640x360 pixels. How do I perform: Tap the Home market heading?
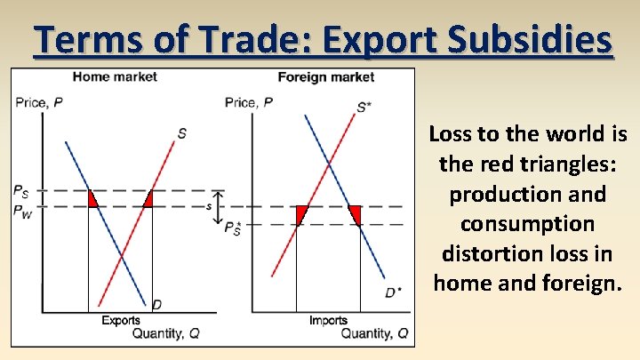[115, 76]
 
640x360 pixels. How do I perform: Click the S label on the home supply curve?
[181, 133]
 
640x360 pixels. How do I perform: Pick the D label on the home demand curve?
[156, 305]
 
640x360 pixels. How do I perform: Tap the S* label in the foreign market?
[364, 108]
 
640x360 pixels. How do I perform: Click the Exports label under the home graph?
[120, 320]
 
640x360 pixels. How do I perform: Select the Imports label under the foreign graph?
[328, 320]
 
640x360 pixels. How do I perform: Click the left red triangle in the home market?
[92, 200]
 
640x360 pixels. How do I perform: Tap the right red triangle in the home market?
[148, 201]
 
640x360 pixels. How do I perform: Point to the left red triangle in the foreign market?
[300, 212]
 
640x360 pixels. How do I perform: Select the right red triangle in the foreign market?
[356, 212]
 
